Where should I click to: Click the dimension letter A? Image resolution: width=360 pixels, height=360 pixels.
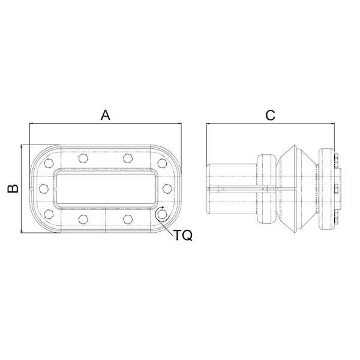(x=106, y=115)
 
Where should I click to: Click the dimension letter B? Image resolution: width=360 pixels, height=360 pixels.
(x=13, y=188)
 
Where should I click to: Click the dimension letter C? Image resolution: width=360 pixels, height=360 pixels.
(x=270, y=115)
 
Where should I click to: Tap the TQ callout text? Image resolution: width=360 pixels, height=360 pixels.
(x=182, y=235)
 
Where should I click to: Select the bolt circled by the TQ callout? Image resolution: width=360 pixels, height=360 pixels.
(x=163, y=214)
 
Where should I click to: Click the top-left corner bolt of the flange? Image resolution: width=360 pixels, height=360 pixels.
(x=49, y=163)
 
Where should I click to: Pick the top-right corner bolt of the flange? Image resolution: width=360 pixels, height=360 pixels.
(x=163, y=163)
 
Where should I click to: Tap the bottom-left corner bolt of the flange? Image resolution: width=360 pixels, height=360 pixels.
(x=49, y=214)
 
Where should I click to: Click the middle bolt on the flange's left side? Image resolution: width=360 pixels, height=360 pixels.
(x=44, y=188)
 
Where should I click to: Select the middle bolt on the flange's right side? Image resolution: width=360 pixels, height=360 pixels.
(x=167, y=188)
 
